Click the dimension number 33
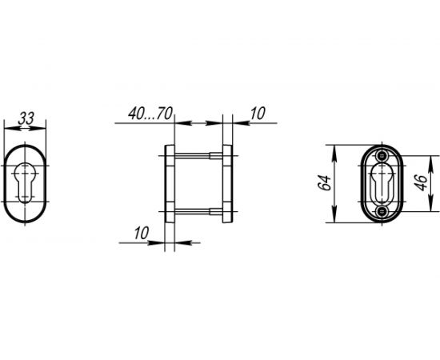tap(26, 118)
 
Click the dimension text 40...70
tap(151, 114)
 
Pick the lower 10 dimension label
tap(141, 234)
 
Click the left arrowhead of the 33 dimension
tap(8, 127)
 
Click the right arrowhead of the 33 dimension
tap(45, 127)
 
